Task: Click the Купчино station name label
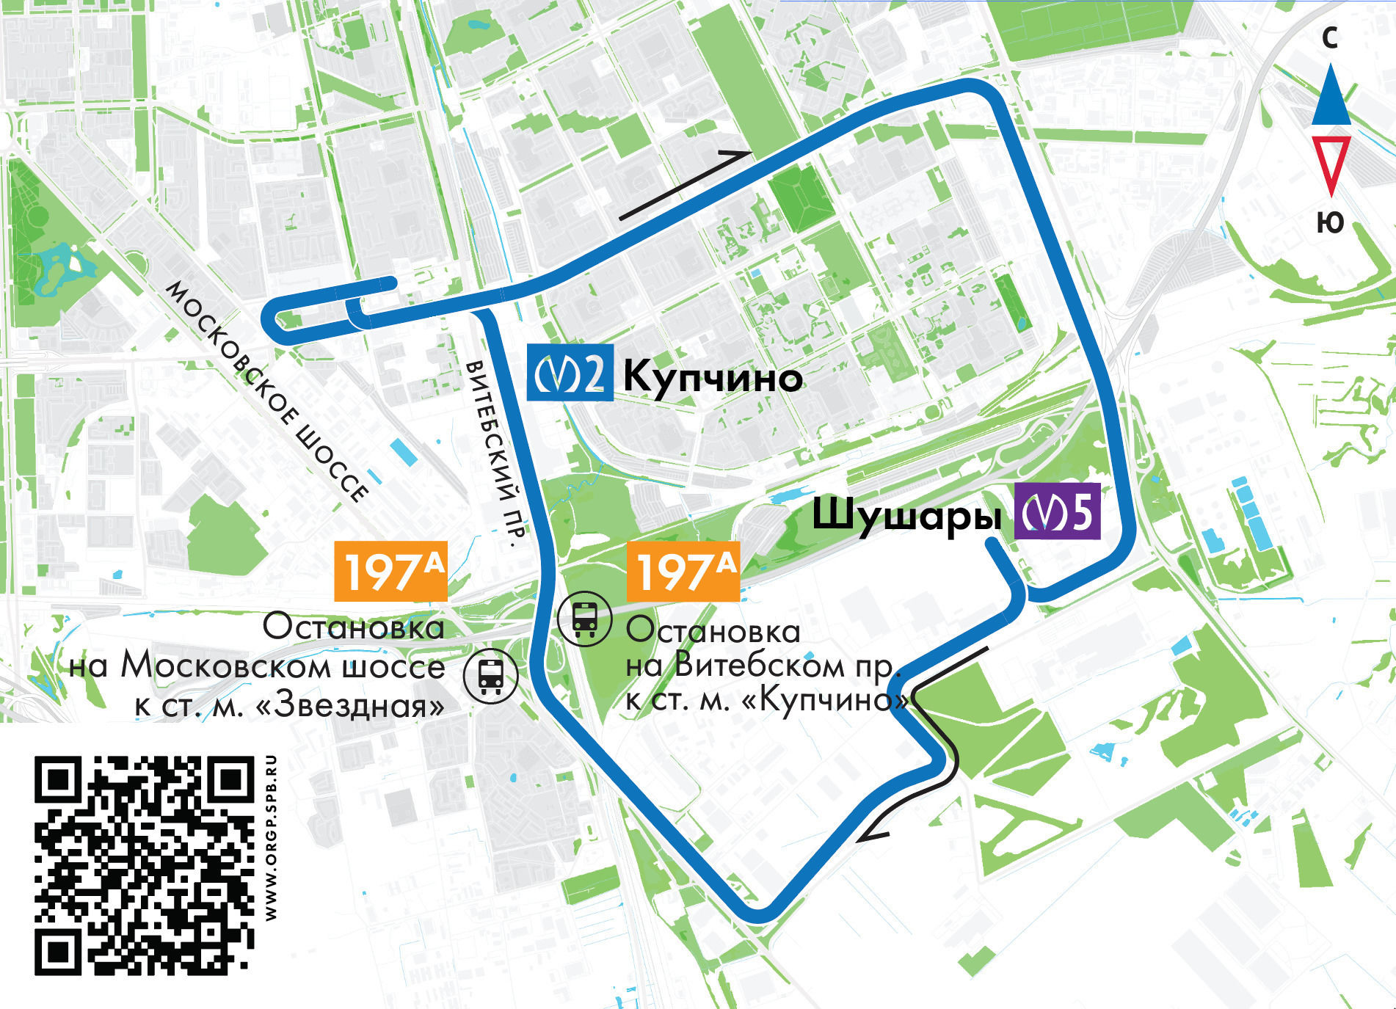point(712,379)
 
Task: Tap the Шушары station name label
point(906,515)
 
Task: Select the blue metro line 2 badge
point(570,373)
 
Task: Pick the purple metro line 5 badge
point(1058,511)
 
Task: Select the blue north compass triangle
point(1331,95)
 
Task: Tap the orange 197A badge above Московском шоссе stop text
point(390,572)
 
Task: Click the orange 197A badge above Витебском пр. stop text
point(683,572)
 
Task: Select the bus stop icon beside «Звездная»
point(491,677)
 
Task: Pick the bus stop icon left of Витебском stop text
point(584,619)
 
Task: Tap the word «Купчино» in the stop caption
point(826,700)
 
